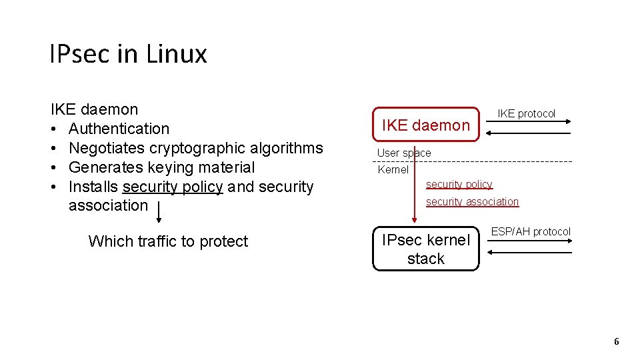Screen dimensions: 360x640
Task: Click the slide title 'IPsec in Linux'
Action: (128, 54)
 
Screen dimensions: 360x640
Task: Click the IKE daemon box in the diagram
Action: (425, 125)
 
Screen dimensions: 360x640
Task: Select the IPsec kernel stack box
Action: (425, 249)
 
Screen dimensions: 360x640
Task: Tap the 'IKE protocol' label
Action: (526, 114)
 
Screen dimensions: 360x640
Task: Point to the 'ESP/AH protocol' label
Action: (531, 232)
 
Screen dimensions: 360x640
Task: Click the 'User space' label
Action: (404, 153)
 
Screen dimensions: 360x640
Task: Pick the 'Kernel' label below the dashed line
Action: (393, 170)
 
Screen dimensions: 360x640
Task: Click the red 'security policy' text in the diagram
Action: (459, 185)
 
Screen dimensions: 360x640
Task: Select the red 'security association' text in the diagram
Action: (472, 202)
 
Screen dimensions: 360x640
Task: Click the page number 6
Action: (616, 342)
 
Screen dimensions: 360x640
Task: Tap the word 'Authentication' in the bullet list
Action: (119, 129)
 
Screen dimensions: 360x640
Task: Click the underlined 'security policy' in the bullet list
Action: (172, 187)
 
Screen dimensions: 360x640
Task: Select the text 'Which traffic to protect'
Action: (168, 241)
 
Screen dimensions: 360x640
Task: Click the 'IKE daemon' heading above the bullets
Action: (94, 109)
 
